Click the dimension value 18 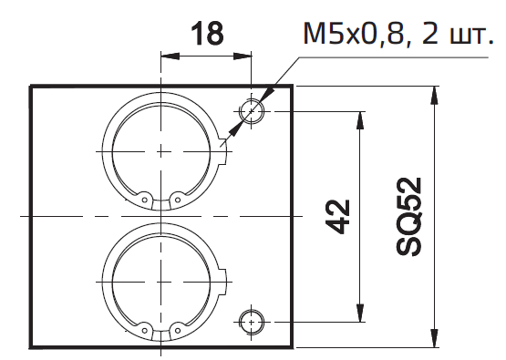(207, 33)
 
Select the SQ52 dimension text (408, 216)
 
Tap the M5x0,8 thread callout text (398, 33)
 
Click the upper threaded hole (252, 111)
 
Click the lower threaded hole (252, 322)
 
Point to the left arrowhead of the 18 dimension (170, 57)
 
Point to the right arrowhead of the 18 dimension (242, 57)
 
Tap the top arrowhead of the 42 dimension (360, 120)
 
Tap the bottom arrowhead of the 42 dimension (360, 313)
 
